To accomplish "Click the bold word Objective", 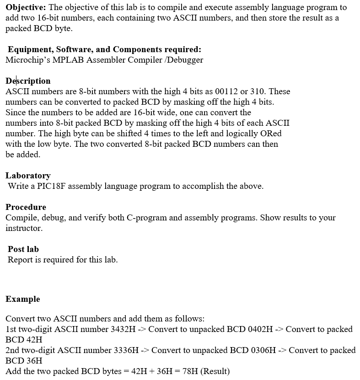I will tap(25, 8).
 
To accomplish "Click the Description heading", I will tap(28, 81).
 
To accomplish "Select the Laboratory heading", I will tap(28, 176).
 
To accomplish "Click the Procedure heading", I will tap(26, 207).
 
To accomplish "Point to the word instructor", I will tap(24, 228).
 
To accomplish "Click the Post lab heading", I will tap(23, 249).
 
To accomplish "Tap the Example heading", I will tap(23, 299).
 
